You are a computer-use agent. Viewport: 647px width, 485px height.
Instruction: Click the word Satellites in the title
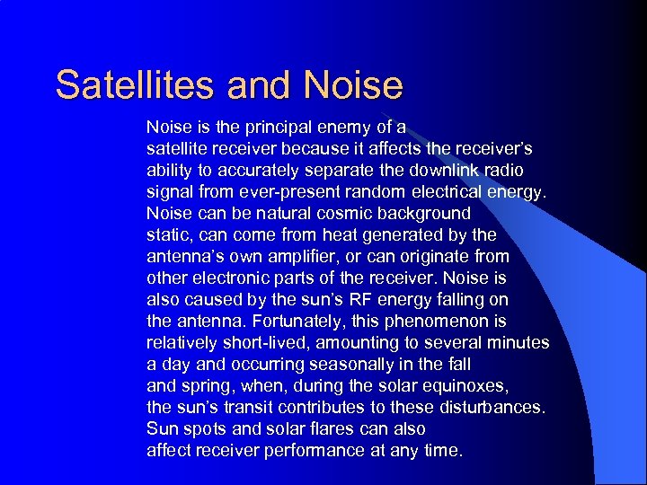pyautogui.click(x=136, y=85)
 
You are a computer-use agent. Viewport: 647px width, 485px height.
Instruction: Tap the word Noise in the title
pyautogui.click(x=354, y=85)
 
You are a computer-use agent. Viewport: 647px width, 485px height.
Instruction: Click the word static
pyautogui.click(x=170, y=234)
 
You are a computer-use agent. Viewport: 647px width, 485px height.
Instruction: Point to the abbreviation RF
pyautogui.click(x=351, y=299)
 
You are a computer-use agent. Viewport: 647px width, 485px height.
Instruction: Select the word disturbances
pyautogui.click(x=488, y=407)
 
